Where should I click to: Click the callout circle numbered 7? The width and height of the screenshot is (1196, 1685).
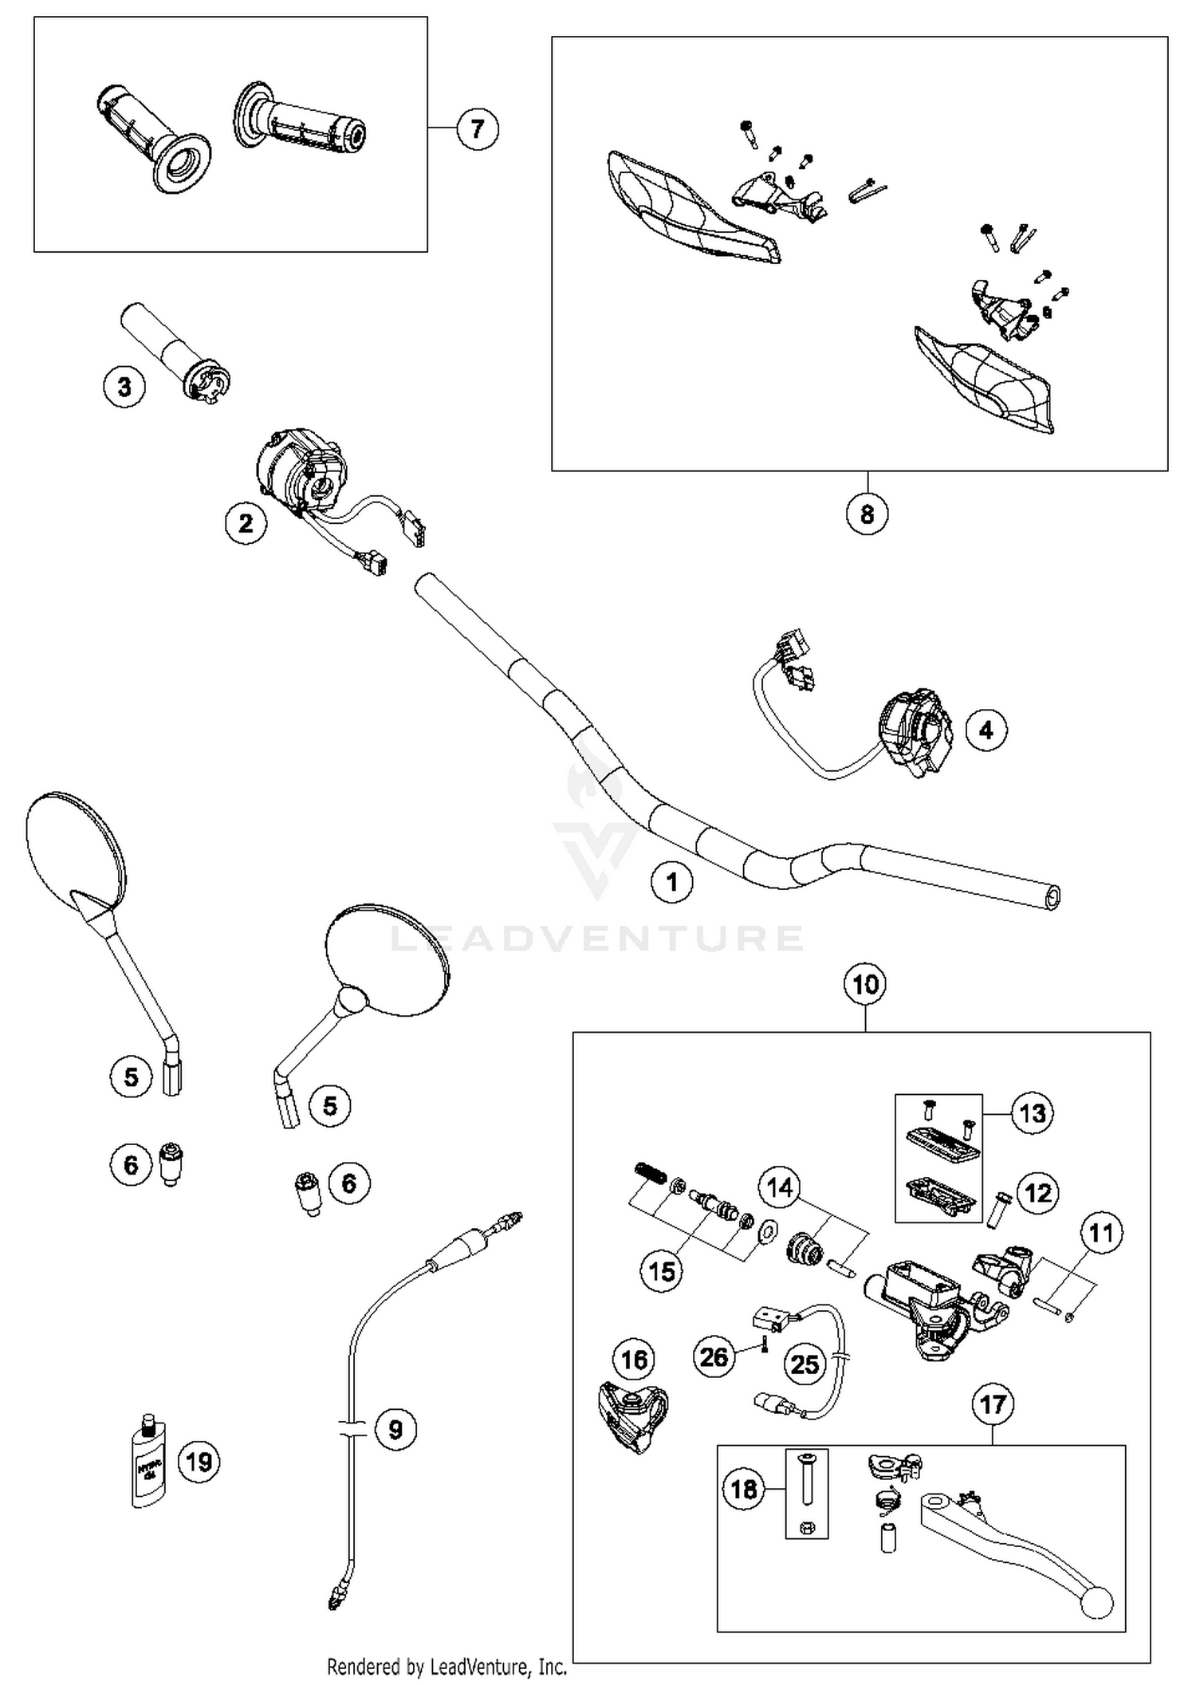point(478,128)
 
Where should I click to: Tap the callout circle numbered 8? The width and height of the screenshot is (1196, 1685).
point(867,514)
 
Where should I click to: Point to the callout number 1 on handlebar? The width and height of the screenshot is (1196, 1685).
point(672,883)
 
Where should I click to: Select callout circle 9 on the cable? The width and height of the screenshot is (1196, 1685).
point(395,1429)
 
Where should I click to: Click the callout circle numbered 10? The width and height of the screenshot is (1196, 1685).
point(866,984)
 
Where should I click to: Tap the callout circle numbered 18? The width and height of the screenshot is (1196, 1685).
point(743,1489)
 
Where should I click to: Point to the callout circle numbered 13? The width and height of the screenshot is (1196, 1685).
point(1033,1113)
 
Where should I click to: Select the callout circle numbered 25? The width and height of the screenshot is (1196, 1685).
point(805,1364)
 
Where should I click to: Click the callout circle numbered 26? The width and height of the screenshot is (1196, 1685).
point(714,1356)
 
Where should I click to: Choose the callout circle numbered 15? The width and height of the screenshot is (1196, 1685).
point(662,1271)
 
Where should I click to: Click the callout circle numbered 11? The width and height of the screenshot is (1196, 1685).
point(1101,1233)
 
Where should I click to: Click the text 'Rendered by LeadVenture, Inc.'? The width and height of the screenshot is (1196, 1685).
point(447,1667)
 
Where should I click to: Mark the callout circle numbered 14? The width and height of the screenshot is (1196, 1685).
point(779,1187)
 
